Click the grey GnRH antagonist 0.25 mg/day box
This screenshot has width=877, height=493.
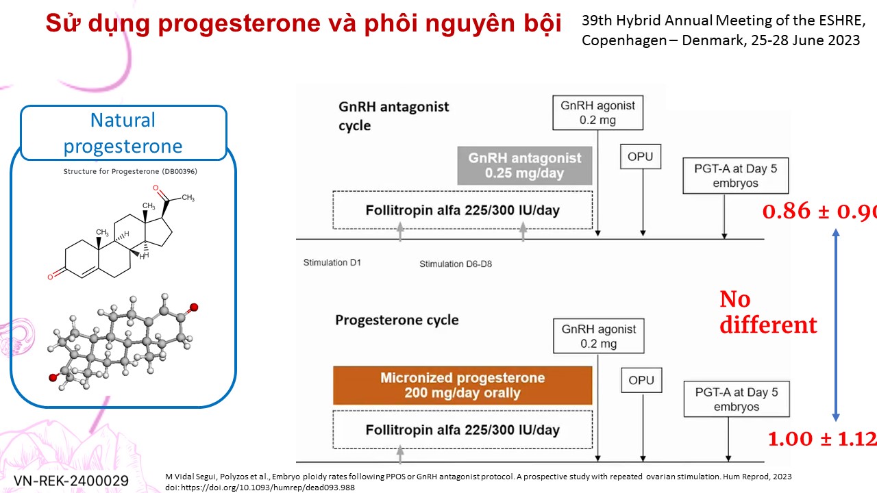[x=525, y=166]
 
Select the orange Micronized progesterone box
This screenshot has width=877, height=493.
[x=462, y=385]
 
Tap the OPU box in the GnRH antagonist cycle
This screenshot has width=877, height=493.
[x=641, y=157]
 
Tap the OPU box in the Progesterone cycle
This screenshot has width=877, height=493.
[x=641, y=380]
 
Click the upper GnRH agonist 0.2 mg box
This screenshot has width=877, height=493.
[x=598, y=113]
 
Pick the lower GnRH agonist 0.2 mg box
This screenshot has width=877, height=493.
[x=599, y=336]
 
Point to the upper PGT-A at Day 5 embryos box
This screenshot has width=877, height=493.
[x=736, y=176]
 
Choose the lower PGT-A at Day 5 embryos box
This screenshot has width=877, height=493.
[x=737, y=399]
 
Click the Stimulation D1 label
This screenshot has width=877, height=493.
[x=332, y=262]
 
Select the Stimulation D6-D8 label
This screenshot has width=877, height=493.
[x=456, y=264]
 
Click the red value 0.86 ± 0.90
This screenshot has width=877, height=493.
[x=819, y=212]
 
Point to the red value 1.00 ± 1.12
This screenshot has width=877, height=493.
[x=822, y=439]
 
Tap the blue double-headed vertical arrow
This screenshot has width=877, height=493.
[x=835, y=325]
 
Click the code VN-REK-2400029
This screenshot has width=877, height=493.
[x=71, y=481]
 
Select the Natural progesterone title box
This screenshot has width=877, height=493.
[x=123, y=133]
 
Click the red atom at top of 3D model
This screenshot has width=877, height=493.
[x=194, y=307]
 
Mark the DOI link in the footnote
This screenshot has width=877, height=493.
[x=260, y=488]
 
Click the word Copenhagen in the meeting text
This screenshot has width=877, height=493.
[x=624, y=40]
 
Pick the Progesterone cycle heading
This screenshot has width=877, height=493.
[x=397, y=320]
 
